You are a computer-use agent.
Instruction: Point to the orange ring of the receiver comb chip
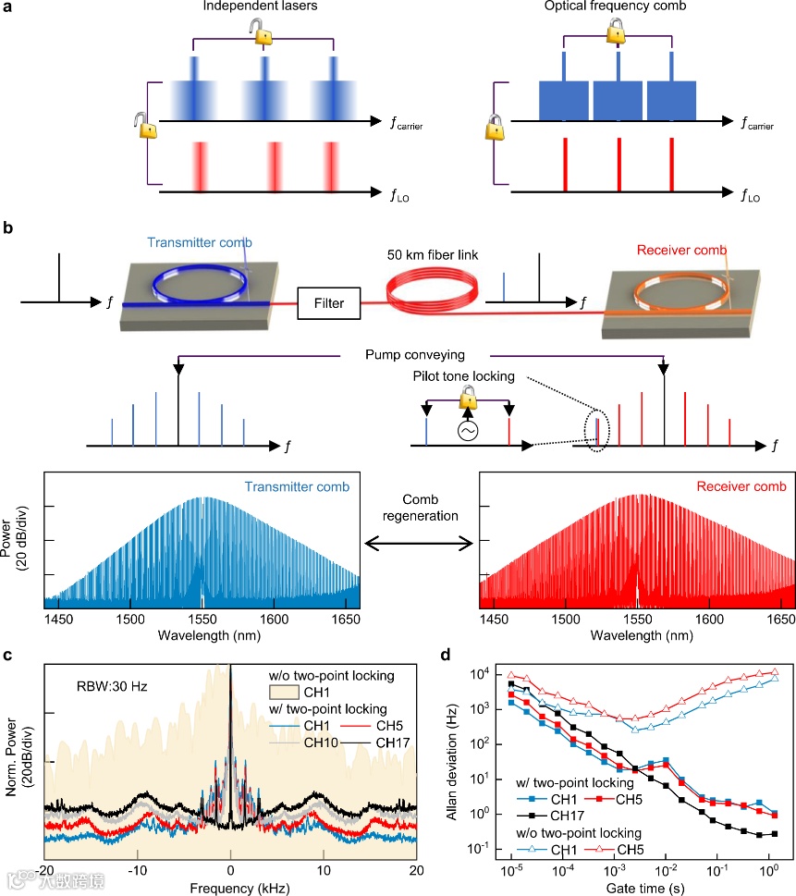click(670, 278)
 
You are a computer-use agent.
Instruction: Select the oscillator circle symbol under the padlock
click(467, 432)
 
